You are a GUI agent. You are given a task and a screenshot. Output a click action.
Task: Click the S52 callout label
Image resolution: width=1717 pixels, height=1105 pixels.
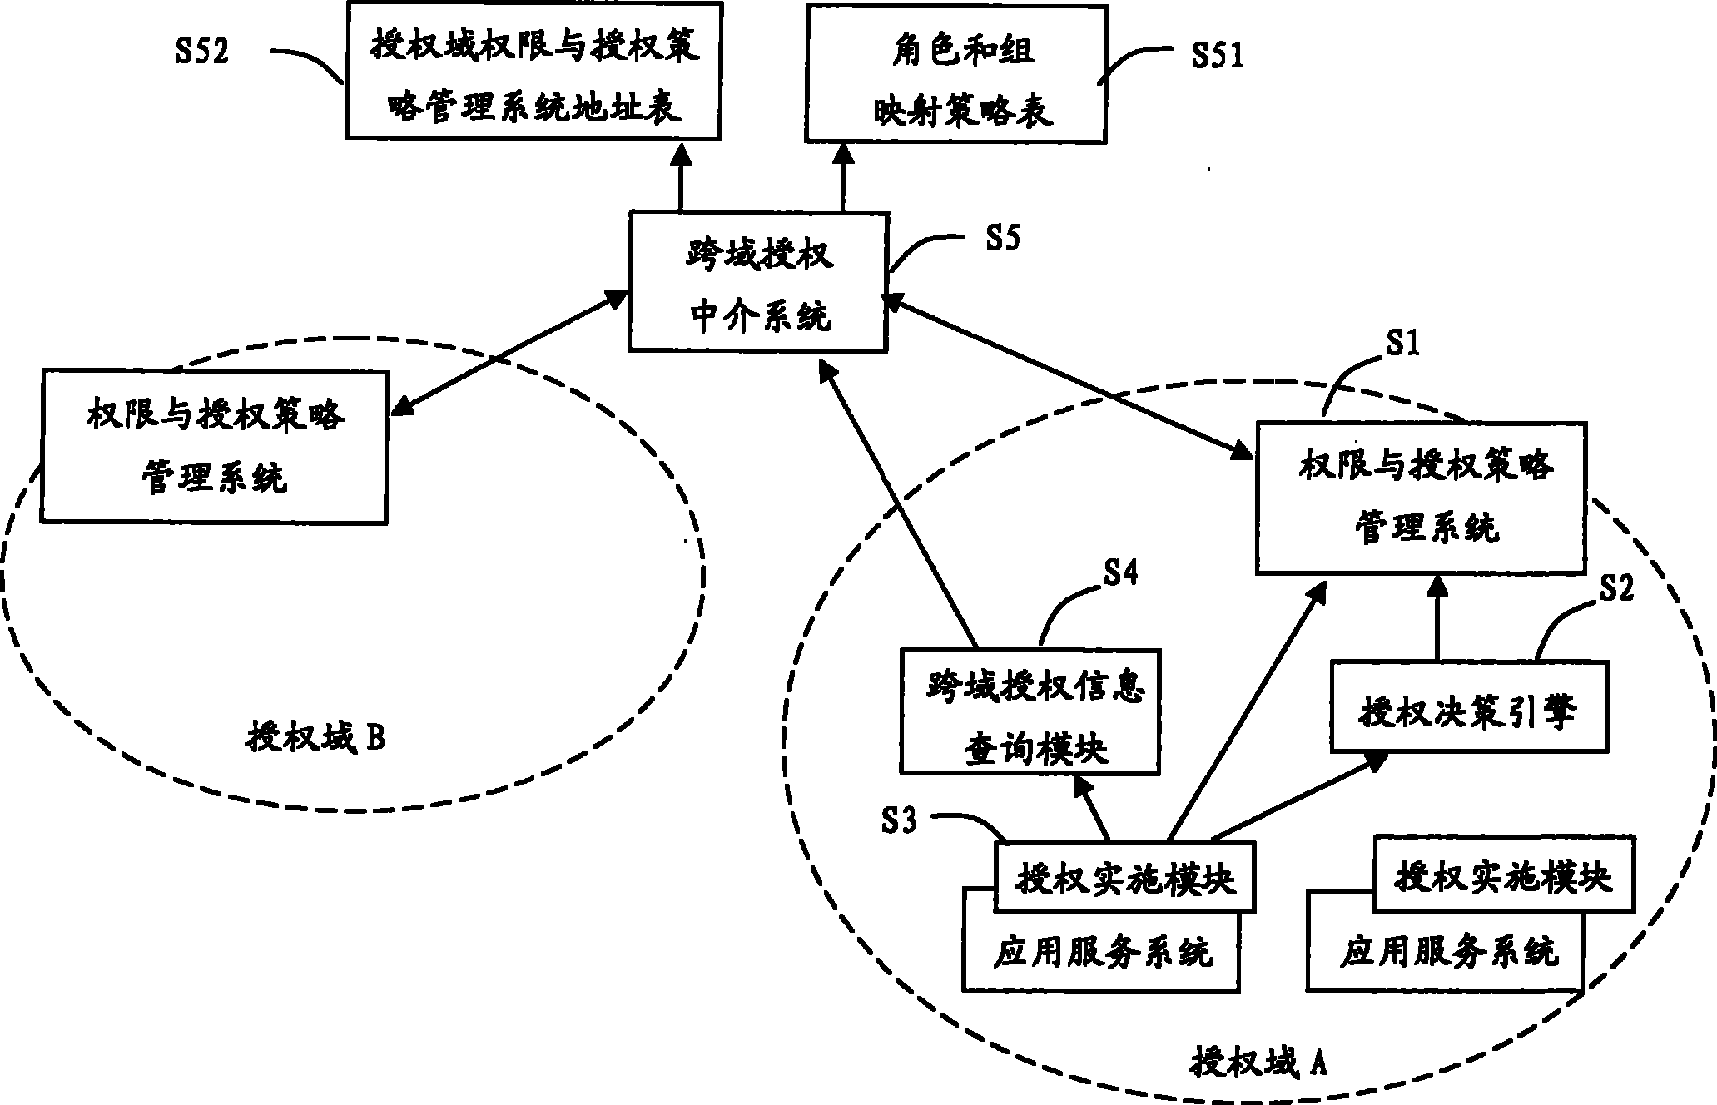click(201, 52)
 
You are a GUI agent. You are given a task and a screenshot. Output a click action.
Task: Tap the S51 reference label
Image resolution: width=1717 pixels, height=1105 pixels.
click(1217, 55)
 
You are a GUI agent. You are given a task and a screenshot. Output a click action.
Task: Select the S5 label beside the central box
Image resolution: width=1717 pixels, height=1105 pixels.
click(1002, 239)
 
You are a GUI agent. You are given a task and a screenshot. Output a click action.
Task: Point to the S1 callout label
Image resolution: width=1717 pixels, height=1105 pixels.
click(1402, 342)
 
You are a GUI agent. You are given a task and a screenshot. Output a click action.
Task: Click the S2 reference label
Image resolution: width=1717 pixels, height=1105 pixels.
click(1615, 588)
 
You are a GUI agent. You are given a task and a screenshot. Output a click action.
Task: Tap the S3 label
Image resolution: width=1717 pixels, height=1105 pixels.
click(899, 821)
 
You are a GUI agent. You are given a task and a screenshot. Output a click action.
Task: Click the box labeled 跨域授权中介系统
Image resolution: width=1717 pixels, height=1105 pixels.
click(759, 281)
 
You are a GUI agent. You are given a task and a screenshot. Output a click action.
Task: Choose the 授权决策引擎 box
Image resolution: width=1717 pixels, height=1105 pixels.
click(1468, 706)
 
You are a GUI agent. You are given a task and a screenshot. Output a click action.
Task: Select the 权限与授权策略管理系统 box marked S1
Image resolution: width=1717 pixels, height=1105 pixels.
click(1420, 497)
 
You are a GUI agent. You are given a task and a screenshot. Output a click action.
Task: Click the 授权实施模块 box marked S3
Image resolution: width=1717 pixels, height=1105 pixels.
click(1124, 878)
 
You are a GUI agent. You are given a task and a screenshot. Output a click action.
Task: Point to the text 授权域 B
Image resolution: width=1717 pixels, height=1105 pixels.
click(315, 736)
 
